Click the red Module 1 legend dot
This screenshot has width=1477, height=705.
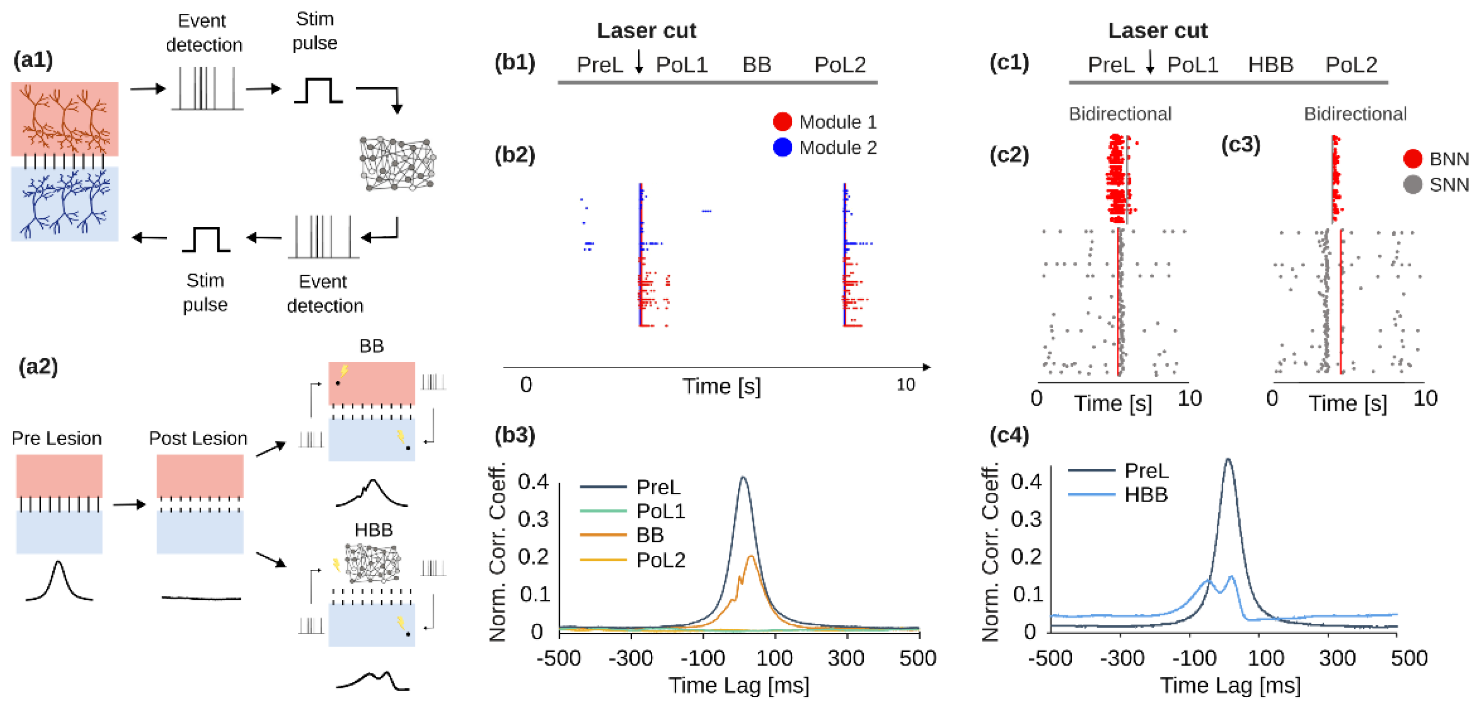tap(782, 122)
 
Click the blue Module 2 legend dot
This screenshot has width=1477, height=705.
tap(782, 147)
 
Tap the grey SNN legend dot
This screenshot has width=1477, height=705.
tap(1412, 185)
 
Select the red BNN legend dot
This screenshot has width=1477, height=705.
tap(1412, 159)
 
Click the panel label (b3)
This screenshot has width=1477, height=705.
tap(514, 435)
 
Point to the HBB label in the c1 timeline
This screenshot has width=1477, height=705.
tap(1270, 65)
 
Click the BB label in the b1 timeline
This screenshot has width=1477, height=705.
tap(756, 65)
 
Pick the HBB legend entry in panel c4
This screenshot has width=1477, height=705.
tap(1145, 495)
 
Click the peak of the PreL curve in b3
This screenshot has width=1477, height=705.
tap(743, 478)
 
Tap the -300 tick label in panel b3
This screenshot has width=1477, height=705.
tap(630, 658)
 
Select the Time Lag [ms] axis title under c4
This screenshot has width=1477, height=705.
tap(1230, 686)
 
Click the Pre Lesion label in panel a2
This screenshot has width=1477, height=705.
tap(57, 438)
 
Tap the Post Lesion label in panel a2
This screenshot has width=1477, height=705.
tap(198, 438)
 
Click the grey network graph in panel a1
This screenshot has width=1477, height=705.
tap(397, 164)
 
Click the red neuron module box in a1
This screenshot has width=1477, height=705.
tap(64, 119)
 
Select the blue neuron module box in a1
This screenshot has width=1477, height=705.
tap(64, 204)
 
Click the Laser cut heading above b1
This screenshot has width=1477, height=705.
tap(646, 31)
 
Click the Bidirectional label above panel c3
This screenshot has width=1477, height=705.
tap(1355, 113)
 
